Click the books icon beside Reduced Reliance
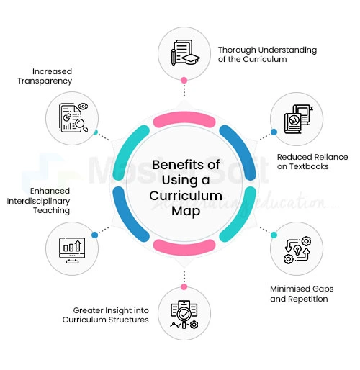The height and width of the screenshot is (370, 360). [x=296, y=118]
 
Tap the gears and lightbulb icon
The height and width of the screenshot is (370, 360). [x=296, y=250]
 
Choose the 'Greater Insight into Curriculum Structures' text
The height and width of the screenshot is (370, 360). [x=107, y=315]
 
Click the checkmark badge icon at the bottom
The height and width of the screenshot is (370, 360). [x=183, y=314]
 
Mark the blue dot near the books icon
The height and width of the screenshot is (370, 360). [x=274, y=132]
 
